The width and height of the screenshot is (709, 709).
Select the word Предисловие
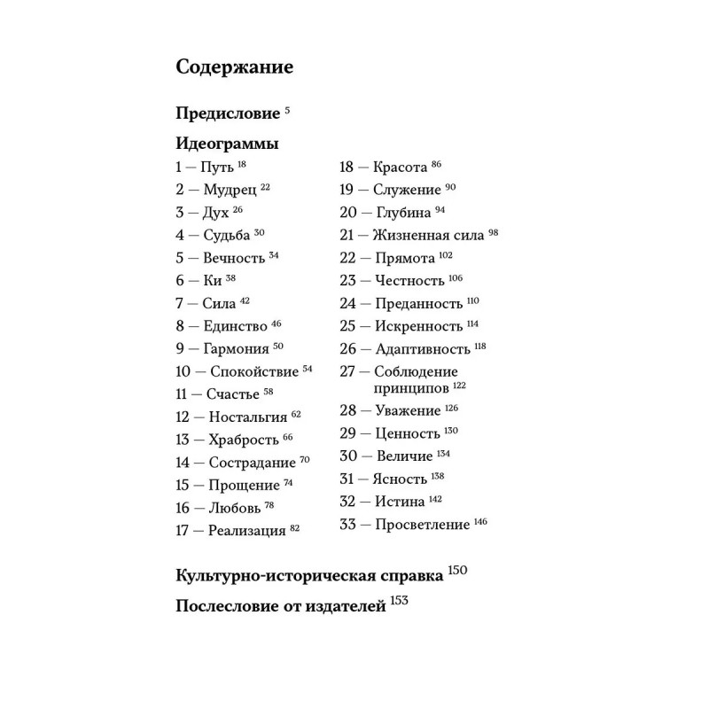point(228,115)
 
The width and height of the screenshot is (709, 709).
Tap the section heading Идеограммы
point(228,144)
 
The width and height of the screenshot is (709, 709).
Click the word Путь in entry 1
point(218,167)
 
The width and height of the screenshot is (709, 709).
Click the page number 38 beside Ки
point(230,277)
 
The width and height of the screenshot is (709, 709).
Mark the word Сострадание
point(252,463)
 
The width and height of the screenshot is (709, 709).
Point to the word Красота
point(401,167)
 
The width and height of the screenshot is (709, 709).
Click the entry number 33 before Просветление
point(348,525)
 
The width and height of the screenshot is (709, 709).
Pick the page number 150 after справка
point(457,571)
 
